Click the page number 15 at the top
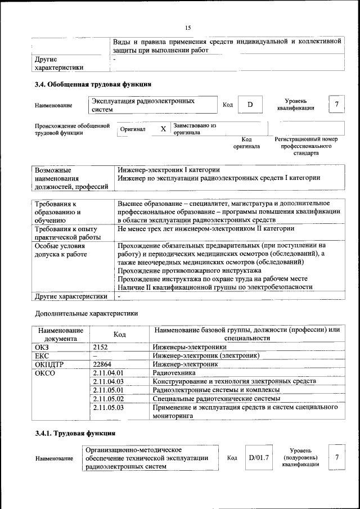(188, 28)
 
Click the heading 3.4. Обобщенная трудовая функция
(93, 85)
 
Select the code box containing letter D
(250, 105)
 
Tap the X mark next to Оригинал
(163, 129)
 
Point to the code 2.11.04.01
(108, 372)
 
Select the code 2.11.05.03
(108, 406)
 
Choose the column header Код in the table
(119, 334)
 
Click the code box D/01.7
(259, 458)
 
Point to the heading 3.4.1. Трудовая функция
(75, 433)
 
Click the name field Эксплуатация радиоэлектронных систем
(153, 105)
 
